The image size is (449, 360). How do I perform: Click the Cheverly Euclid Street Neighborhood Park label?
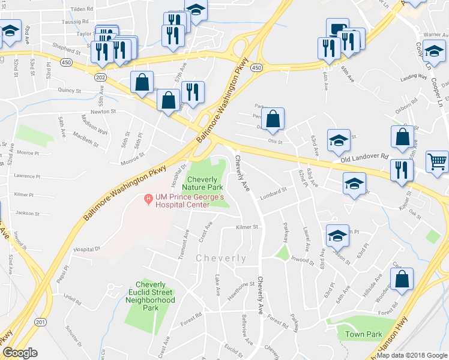(x=155, y=296)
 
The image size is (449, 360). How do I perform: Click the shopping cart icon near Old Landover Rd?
(x=437, y=161)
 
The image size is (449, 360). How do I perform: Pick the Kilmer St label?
(x=247, y=227)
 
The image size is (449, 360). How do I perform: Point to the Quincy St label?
(x=70, y=91)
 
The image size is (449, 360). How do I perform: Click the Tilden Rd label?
(x=82, y=10)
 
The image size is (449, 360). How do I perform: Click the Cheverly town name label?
(x=221, y=258)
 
